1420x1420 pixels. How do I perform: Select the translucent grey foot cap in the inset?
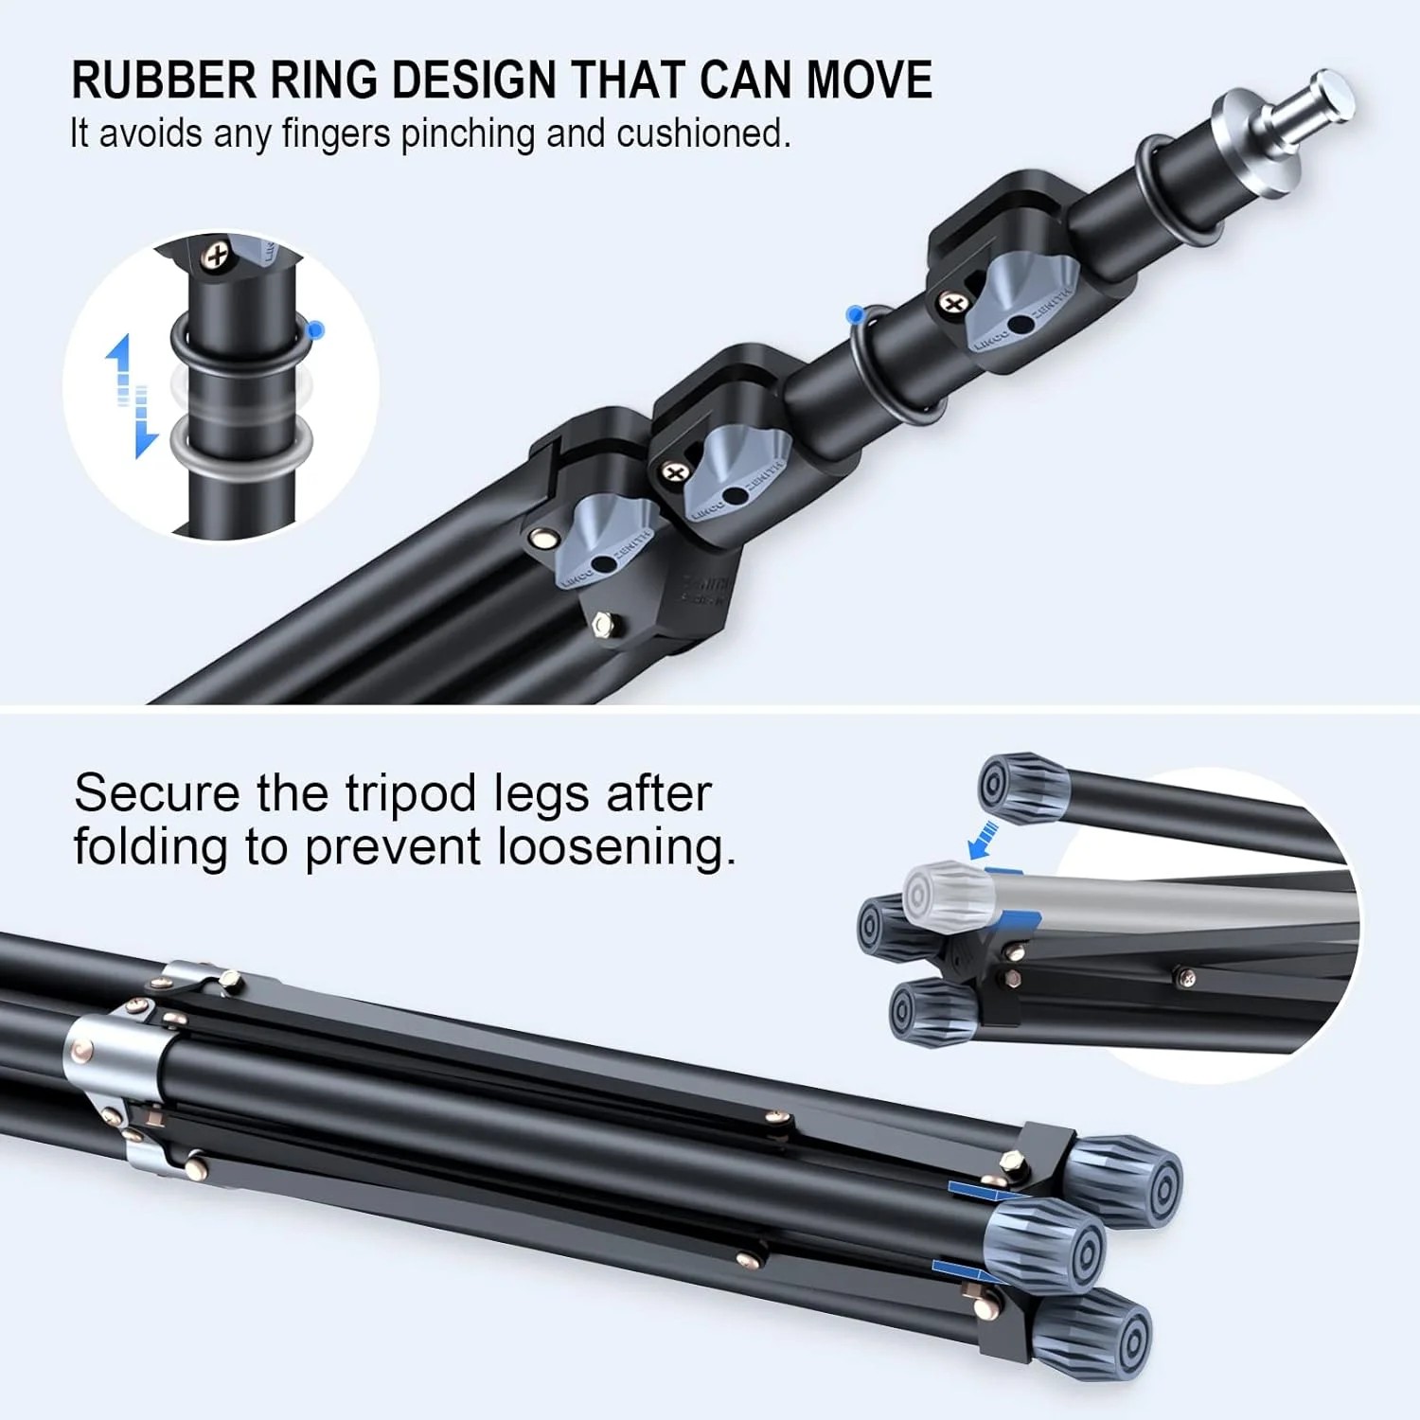pyautogui.click(x=947, y=893)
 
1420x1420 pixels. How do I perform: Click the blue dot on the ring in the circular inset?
pyautogui.click(x=315, y=329)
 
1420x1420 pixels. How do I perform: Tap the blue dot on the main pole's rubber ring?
pyautogui.click(x=855, y=311)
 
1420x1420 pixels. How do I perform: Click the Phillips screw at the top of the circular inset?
pyautogui.click(x=218, y=254)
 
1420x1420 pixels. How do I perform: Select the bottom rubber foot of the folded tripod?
pyautogui.click(x=1098, y=1338)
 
